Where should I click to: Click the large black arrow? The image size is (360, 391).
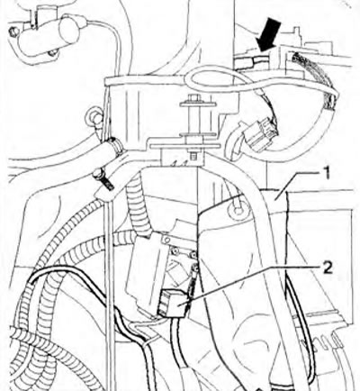(269, 35)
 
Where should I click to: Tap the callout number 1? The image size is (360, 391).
(327, 173)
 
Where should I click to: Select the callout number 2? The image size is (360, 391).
(328, 268)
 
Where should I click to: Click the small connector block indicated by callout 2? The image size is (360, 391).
(174, 304)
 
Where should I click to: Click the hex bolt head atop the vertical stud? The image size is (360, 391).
(193, 98)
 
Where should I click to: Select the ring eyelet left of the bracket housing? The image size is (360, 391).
(94, 117)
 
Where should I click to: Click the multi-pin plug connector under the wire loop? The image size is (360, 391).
(260, 135)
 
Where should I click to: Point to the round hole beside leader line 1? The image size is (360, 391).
(238, 209)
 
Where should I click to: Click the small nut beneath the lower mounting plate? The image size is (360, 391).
(193, 156)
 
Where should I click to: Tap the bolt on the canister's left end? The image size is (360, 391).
(13, 31)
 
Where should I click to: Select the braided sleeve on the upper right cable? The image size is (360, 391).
(319, 80)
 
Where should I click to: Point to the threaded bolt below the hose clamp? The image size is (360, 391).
(103, 179)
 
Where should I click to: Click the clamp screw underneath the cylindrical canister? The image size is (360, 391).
(53, 54)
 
